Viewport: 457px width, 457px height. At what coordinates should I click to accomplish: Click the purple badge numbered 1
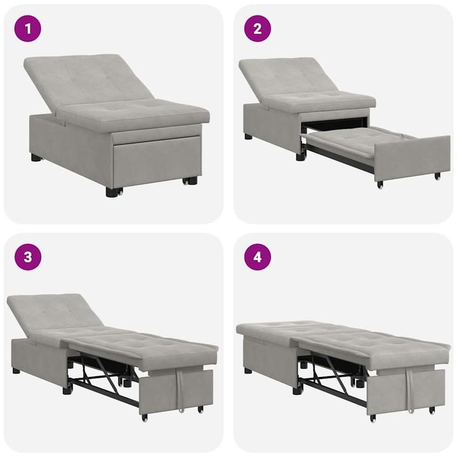point(27,29)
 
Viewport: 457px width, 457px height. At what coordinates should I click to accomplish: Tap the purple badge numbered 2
point(258,29)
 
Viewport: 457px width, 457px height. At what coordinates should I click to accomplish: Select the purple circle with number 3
point(27,257)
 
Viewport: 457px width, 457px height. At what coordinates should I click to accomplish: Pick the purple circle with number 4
point(258,257)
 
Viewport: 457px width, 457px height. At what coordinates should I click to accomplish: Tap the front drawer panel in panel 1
point(156,162)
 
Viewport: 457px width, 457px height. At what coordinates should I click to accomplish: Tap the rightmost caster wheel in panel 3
point(201,409)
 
